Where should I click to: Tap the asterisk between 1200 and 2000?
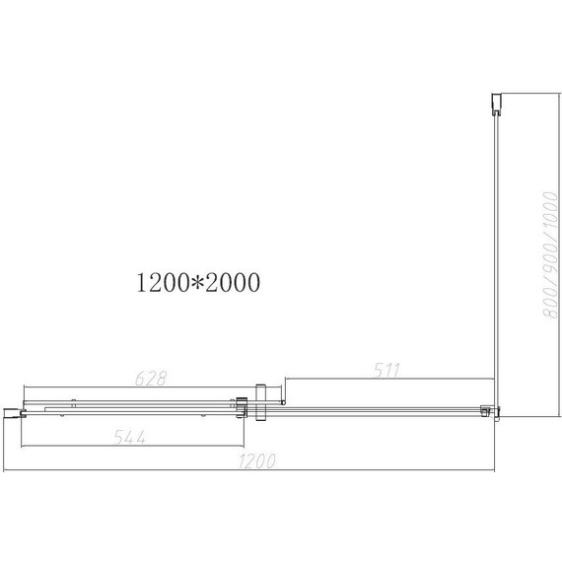[197, 284]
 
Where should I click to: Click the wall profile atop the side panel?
[497, 103]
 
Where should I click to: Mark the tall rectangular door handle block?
[260, 402]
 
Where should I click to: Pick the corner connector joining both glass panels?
[488, 410]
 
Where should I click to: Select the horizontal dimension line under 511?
[390, 380]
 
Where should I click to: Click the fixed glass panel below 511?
[385, 410]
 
